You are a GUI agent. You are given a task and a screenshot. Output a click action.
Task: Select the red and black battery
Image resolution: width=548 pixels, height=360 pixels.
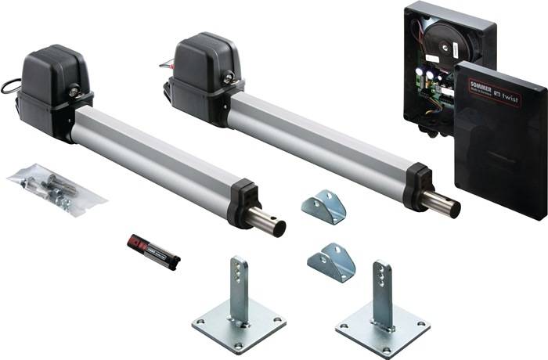click(153, 253)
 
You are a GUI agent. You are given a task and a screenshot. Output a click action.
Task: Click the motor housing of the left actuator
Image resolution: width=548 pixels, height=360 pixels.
click(53, 78)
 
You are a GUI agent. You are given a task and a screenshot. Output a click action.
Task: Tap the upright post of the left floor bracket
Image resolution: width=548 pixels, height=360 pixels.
click(238, 286)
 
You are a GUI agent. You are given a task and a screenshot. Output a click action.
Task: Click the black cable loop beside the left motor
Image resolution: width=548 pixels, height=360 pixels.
click(9, 85)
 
